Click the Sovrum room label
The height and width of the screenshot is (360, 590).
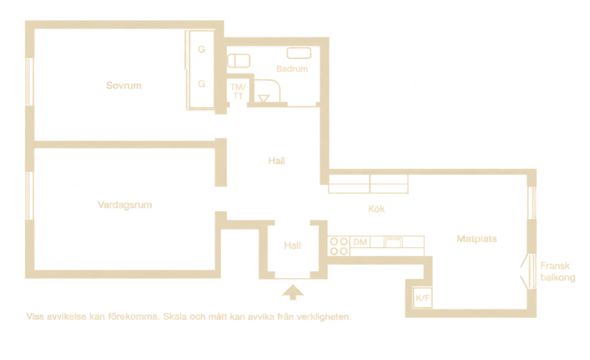click(x=124, y=86)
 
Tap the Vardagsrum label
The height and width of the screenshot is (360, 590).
click(x=125, y=205)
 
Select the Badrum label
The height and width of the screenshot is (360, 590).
click(x=292, y=69)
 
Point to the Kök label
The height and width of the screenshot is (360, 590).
click(x=376, y=209)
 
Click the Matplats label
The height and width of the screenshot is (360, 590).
click(x=477, y=239)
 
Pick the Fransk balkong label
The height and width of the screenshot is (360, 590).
click(x=558, y=271)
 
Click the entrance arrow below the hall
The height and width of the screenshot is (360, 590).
click(x=293, y=292)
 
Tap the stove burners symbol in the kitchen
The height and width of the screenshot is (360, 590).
click(x=339, y=246)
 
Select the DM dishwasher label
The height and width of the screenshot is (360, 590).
click(x=360, y=242)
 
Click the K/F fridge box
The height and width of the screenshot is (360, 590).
click(x=422, y=298)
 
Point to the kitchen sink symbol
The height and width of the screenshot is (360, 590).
click(x=393, y=242)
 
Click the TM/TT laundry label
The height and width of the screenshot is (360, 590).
click(x=238, y=91)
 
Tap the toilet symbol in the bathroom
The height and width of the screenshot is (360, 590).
click(x=239, y=61)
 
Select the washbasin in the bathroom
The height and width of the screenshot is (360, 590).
click(x=299, y=53)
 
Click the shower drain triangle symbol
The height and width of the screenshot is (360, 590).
click(x=264, y=98)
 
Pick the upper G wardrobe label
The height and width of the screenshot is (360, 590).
click(x=201, y=49)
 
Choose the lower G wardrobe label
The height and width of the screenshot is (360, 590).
click(x=201, y=84)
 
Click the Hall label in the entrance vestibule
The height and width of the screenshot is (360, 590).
click(x=292, y=245)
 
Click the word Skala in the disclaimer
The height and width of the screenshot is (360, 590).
click(x=175, y=317)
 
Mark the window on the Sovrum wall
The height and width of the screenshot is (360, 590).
click(x=29, y=82)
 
